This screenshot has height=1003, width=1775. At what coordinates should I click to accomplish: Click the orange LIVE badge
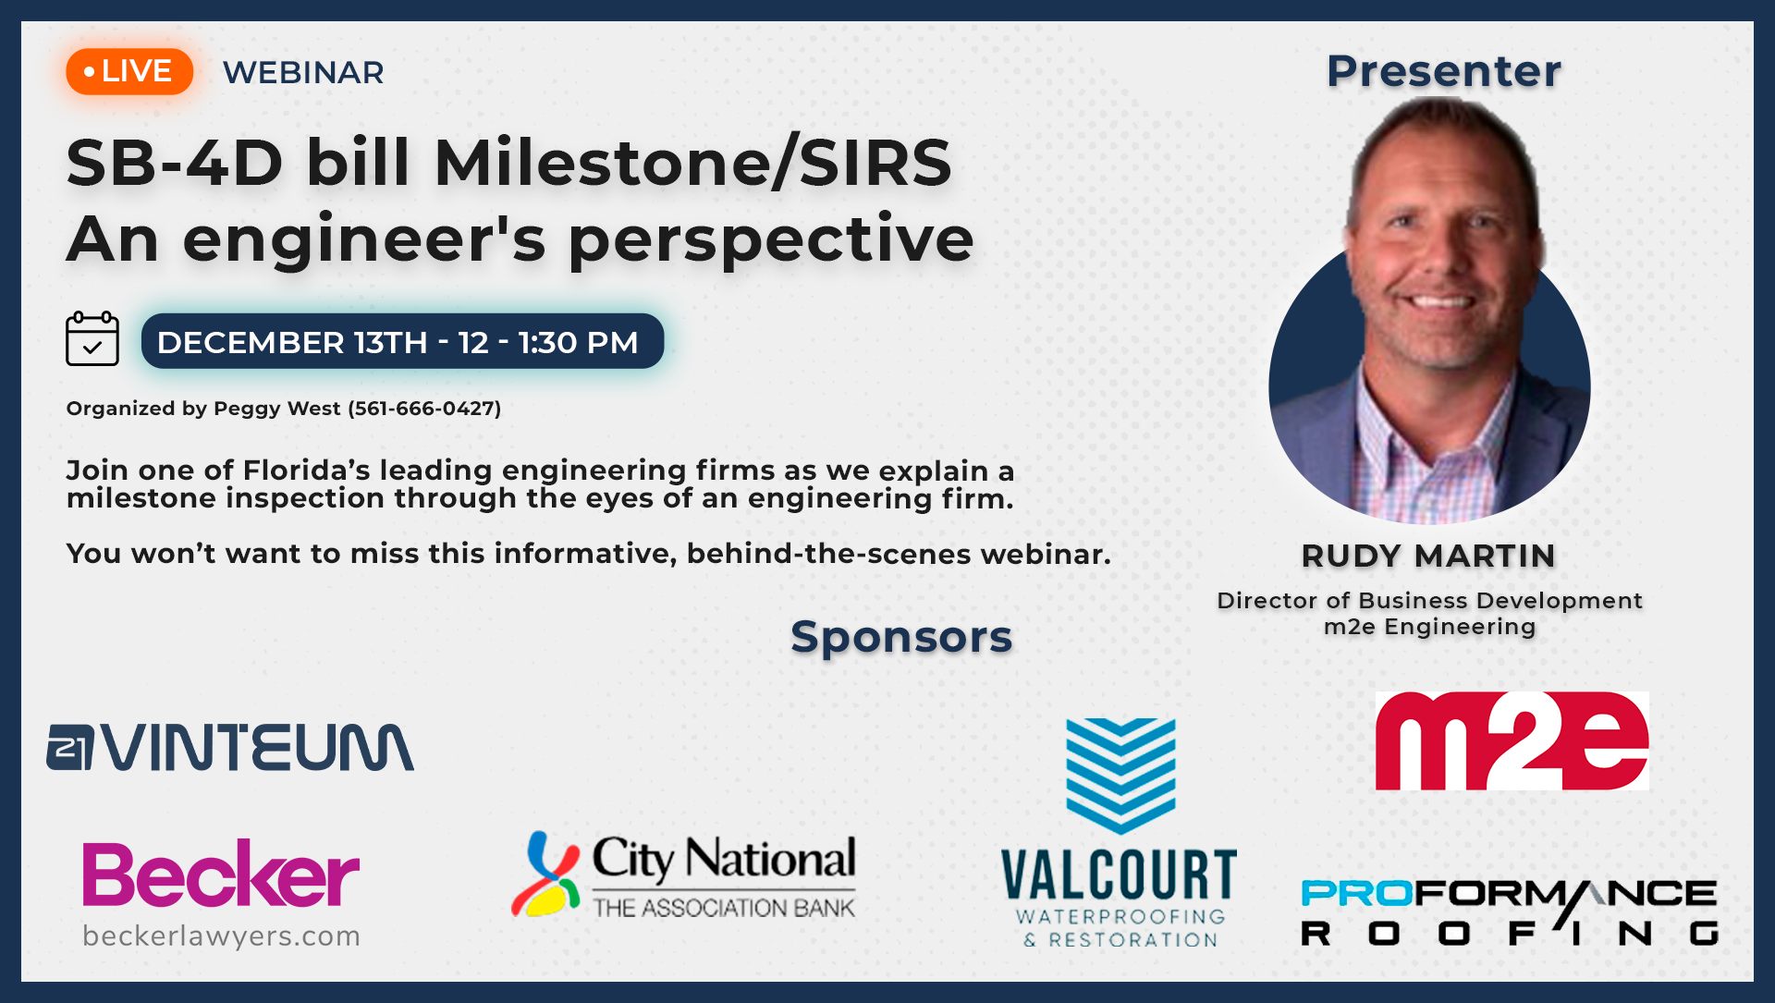point(129,71)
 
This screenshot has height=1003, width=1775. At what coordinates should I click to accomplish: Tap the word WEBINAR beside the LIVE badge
point(303,72)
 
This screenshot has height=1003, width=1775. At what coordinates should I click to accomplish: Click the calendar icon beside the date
point(92,338)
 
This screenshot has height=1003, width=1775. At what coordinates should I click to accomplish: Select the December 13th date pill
point(402,341)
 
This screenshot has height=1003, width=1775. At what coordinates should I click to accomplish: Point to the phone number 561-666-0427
point(424,409)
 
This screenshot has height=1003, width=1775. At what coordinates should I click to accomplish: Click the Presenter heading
point(1444,71)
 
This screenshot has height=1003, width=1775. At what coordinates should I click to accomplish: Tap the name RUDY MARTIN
point(1428,556)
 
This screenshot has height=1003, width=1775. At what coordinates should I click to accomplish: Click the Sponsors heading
point(901,637)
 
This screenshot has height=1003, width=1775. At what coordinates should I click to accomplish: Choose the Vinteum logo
point(230,747)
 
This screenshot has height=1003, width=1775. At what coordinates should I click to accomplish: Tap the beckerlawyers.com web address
point(221,936)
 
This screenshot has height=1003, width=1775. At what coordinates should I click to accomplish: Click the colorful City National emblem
point(546,874)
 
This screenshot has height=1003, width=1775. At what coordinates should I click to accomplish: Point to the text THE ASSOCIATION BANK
point(724,908)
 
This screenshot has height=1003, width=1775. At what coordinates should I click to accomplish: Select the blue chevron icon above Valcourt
point(1120,776)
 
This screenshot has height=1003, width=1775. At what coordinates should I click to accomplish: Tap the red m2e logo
point(1512,740)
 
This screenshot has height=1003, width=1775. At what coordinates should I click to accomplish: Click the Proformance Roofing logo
point(1510,912)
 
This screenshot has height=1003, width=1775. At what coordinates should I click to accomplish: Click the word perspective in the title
point(771,240)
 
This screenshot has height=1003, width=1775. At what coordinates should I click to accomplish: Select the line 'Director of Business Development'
point(1429,601)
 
